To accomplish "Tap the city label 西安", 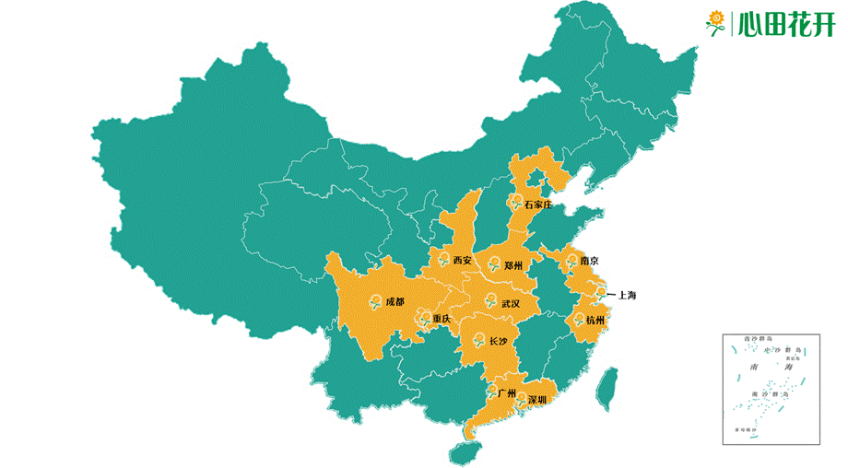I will [462, 261].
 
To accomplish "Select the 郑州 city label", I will [513, 265].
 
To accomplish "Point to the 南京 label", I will [589, 261].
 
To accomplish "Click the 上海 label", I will [625, 296].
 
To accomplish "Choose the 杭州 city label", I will [595, 321].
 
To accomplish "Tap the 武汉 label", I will [510, 303].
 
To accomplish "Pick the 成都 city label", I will [395, 301].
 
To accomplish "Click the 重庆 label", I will [442, 319].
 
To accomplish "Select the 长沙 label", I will [498, 342].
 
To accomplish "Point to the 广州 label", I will [506, 393].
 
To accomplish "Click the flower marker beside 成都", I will [375, 300].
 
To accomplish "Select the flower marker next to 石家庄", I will [515, 202].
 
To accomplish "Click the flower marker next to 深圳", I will [521, 400].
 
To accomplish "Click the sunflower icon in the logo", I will [715, 22].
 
